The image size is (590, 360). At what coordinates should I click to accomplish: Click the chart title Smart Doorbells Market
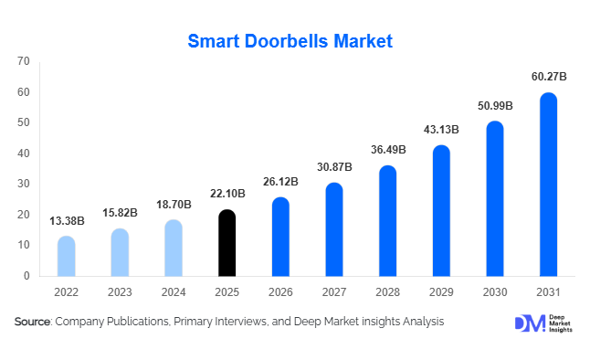click(290, 40)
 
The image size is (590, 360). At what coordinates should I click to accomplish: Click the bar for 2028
click(387, 221)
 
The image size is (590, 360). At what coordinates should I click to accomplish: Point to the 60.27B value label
click(548, 77)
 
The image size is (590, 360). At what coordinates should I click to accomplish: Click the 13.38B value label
click(67, 220)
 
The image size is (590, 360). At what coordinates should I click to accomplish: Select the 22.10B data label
click(227, 195)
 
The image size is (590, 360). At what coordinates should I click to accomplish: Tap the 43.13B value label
click(441, 130)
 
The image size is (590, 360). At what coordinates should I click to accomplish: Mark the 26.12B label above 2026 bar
click(280, 182)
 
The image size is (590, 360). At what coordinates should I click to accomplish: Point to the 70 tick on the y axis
click(24, 61)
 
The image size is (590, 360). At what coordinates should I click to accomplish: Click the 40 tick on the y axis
click(24, 154)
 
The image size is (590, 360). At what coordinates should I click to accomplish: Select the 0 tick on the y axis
click(26, 276)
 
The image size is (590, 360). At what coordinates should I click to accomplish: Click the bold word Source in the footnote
click(32, 322)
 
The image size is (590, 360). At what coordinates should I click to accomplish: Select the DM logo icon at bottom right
click(530, 323)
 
